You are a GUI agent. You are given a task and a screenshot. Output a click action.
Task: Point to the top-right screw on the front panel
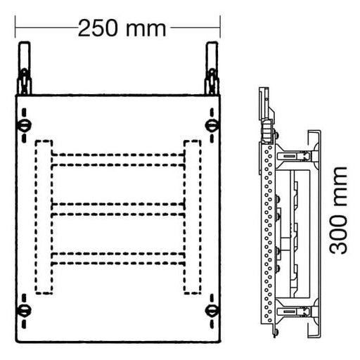[210, 126]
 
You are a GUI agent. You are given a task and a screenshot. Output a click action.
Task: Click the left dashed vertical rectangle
[43, 217]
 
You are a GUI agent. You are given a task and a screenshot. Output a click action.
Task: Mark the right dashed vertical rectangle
[192, 217]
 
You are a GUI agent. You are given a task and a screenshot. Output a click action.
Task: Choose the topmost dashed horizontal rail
[117, 159]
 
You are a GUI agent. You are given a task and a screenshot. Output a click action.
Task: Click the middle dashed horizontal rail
[117, 208]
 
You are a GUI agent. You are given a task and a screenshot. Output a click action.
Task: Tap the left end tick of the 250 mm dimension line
[15, 29]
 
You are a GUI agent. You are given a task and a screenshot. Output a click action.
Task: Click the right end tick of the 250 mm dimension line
[220, 29]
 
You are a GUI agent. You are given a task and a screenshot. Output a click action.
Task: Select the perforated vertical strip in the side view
[267, 232]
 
